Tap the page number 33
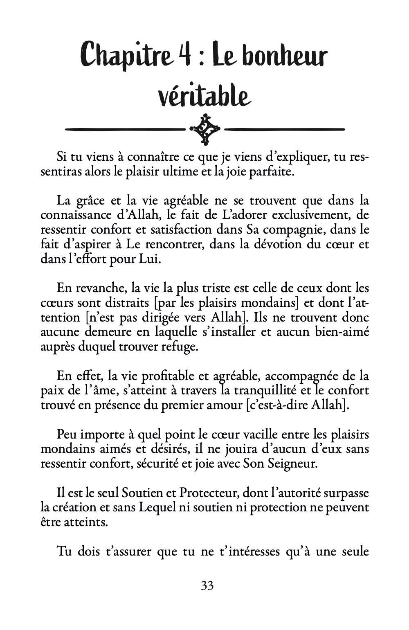207,586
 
